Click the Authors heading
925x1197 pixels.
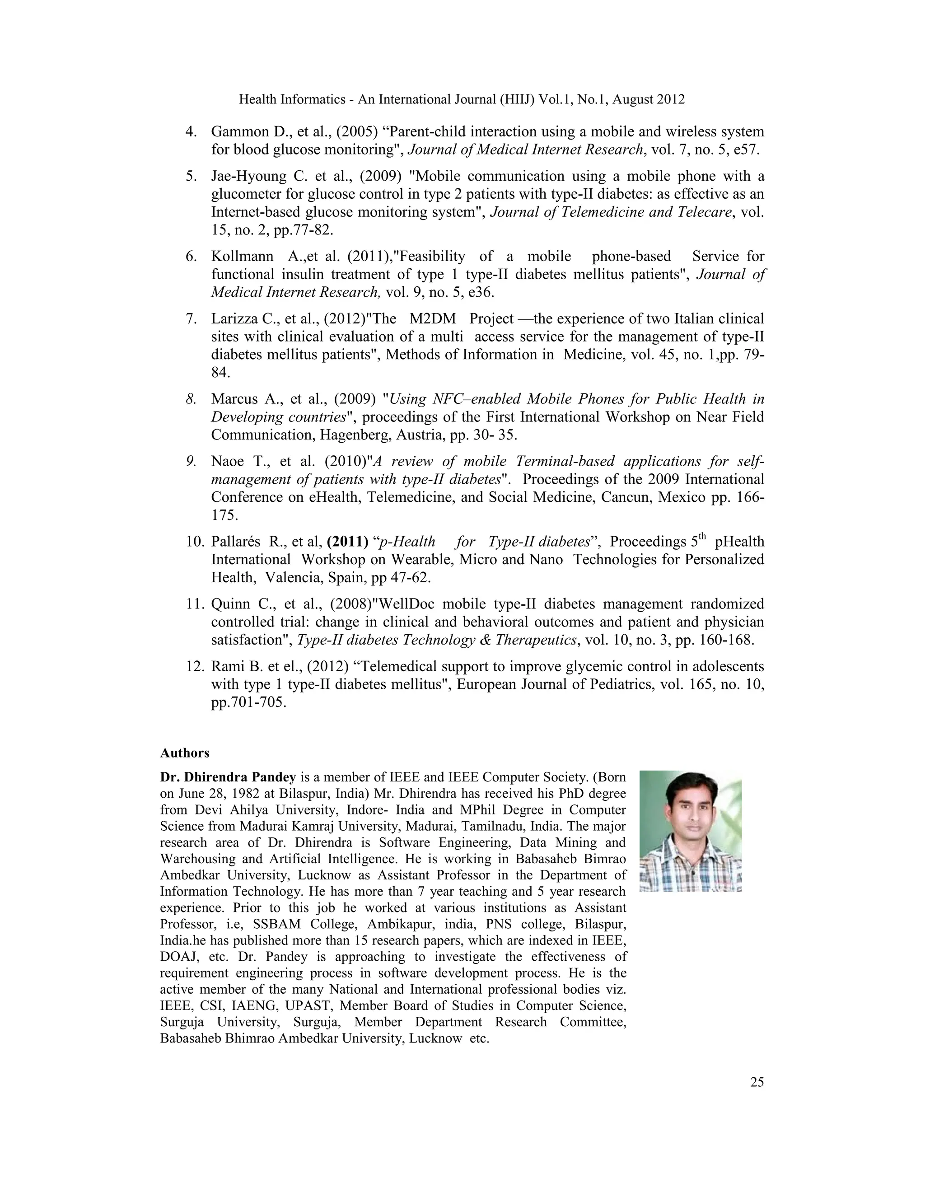(185, 753)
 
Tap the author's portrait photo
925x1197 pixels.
(691, 831)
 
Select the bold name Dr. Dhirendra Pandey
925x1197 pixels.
(228, 777)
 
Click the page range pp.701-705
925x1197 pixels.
(248, 702)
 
